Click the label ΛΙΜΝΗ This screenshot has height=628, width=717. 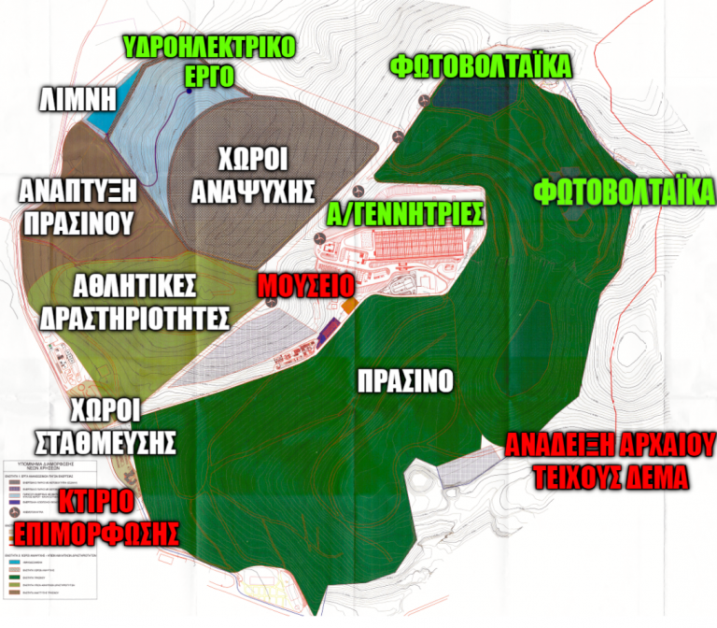coord(77,98)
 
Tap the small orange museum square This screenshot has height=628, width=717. coord(350,307)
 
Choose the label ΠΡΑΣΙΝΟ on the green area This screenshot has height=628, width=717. coord(405,380)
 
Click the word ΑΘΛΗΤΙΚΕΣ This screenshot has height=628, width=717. coord(136,284)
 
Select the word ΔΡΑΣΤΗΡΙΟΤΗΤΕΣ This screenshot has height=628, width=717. coord(136,317)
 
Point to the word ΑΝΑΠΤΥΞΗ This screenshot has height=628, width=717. coord(78,191)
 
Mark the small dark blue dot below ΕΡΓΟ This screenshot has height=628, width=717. coord(190,92)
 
